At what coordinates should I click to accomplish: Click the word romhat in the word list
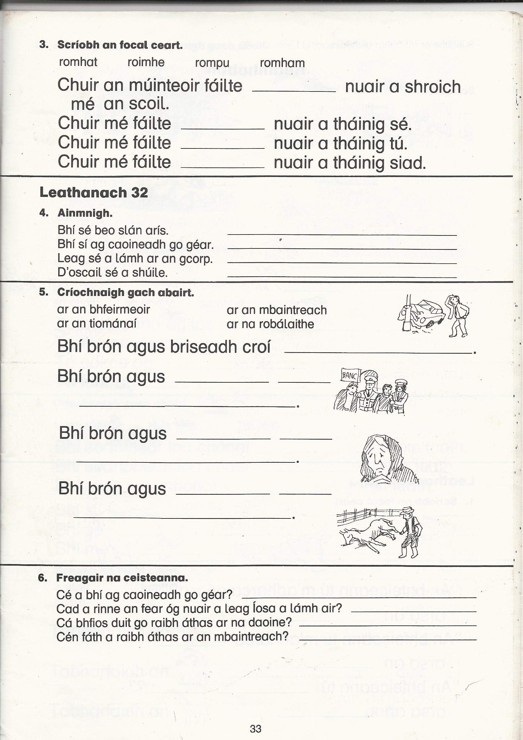(x=78, y=62)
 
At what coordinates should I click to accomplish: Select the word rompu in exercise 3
(x=212, y=63)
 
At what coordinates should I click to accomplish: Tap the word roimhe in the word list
(x=146, y=62)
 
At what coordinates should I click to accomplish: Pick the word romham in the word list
(x=282, y=63)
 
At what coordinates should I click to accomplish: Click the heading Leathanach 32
(x=93, y=192)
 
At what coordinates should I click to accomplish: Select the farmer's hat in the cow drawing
(x=408, y=509)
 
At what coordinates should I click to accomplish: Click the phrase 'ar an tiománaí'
(x=97, y=323)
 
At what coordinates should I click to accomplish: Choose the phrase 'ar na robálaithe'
(x=270, y=324)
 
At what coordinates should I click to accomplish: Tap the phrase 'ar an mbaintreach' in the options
(x=277, y=310)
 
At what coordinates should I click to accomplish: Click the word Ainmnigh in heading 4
(x=85, y=213)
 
